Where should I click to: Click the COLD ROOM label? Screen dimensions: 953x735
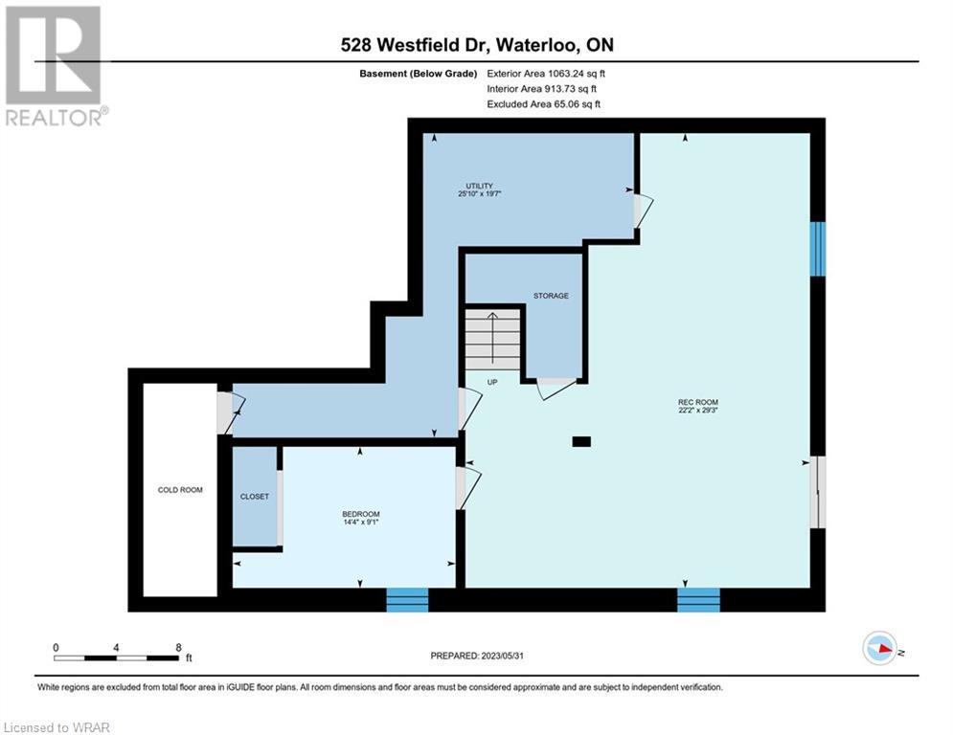[180, 490]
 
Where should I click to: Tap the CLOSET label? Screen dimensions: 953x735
[254, 497]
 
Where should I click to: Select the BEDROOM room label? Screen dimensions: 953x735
[360, 514]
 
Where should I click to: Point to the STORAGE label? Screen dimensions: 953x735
[551, 296]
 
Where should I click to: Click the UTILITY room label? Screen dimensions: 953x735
[480, 186]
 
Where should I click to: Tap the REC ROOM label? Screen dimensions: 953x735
[697, 402]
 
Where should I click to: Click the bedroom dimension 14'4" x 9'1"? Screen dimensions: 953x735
[360, 522]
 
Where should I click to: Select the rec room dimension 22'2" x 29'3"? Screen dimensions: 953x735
[697, 410]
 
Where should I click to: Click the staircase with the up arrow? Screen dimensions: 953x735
[493, 340]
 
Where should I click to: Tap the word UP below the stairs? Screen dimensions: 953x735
[492, 382]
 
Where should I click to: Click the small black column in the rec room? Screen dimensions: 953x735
[581, 441]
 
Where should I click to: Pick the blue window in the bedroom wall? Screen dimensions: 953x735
[407, 599]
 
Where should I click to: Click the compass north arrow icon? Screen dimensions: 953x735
[879, 649]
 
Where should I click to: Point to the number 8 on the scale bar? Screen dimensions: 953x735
[178, 648]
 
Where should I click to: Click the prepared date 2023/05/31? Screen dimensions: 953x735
[502, 656]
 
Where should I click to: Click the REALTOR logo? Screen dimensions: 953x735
[54, 66]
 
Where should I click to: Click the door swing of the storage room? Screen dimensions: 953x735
[556, 389]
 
